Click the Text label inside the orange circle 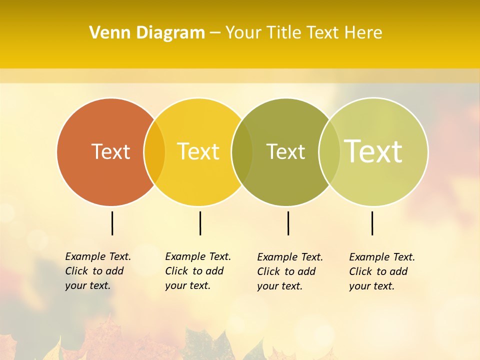(x=110, y=151)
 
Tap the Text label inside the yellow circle (x=198, y=151)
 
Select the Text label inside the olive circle (x=285, y=151)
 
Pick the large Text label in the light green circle (x=373, y=151)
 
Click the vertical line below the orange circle (x=112, y=223)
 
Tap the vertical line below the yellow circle (x=200, y=223)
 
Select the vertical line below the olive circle (x=288, y=223)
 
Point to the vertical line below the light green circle (x=372, y=223)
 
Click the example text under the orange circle (x=98, y=271)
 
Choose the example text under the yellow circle (x=198, y=271)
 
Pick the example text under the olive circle (x=290, y=271)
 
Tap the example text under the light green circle (x=382, y=271)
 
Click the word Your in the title (x=243, y=33)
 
